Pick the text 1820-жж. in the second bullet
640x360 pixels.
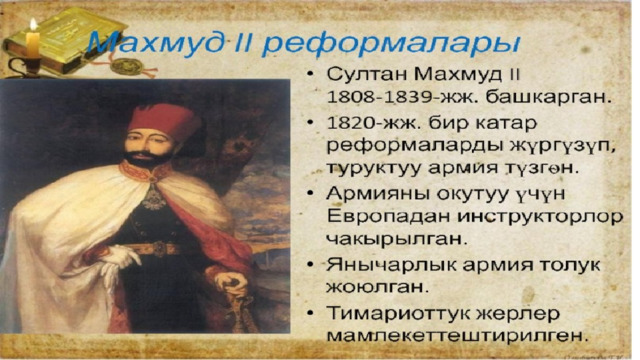371,123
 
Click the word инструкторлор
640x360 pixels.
540,217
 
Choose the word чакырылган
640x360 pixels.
396,239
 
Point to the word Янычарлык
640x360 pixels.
391,266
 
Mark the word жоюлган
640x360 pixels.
378,286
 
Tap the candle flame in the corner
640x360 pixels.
33,25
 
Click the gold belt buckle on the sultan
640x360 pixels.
159,249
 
